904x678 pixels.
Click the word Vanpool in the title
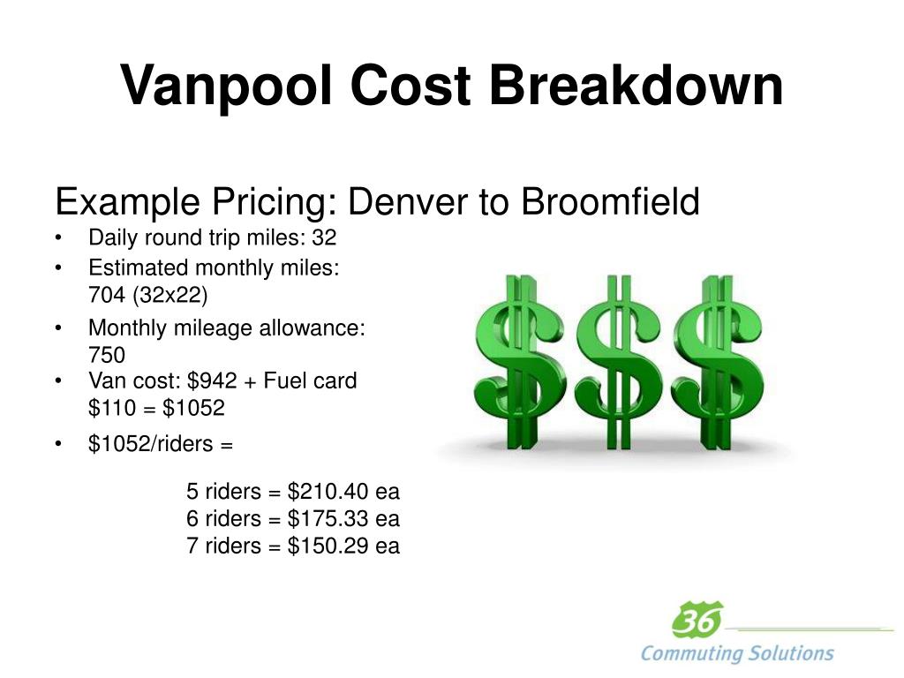[x=226, y=87]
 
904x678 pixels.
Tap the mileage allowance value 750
[x=107, y=355]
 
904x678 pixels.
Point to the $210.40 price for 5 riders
[x=328, y=491]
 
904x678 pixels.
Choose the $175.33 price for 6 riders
[x=328, y=518]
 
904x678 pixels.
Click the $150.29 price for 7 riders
[x=328, y=546]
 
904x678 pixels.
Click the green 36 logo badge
[x=697, y=621]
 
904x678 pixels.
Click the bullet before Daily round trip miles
[x=58, y=239]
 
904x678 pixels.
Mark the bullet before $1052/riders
[x=58, y=445]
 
